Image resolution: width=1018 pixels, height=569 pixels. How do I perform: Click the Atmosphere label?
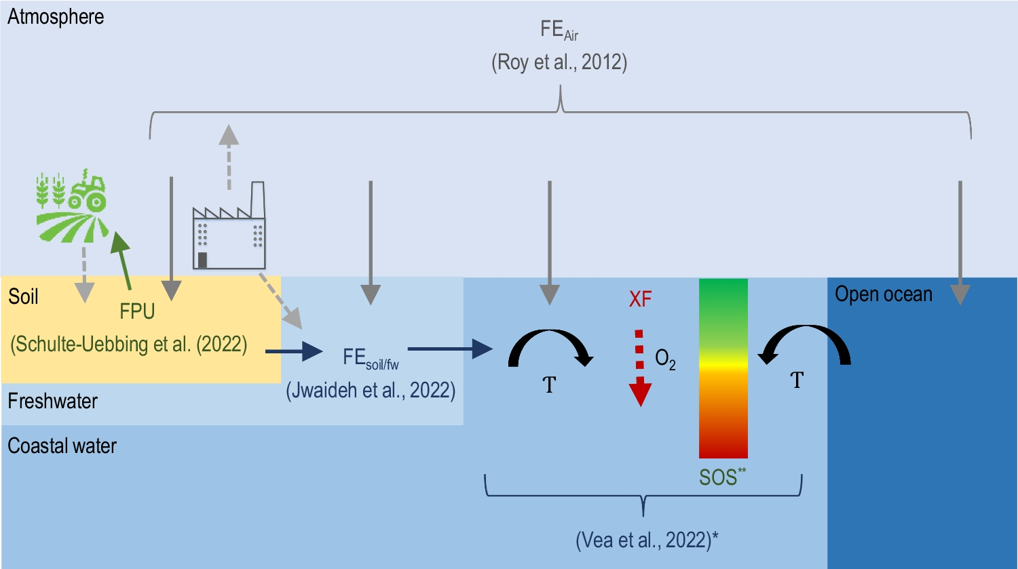(56, 17)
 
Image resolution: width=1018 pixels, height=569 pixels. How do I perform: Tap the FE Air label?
(559, 31)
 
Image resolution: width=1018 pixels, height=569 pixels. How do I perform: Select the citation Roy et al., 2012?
(559, 62)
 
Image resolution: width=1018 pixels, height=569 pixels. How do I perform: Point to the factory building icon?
(229, 227)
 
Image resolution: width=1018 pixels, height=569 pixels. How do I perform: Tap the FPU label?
(137, 311)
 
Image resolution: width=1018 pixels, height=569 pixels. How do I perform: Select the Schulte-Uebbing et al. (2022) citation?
(129, 344)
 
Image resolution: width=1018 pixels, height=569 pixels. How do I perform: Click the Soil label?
(23, 296)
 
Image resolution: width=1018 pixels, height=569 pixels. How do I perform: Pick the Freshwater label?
(52, 401)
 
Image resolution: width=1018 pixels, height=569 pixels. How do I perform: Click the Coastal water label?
(62, 446)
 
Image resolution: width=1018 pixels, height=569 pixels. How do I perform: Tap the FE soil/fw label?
(371, 358)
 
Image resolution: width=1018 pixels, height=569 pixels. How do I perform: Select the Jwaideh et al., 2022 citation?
(371, 390)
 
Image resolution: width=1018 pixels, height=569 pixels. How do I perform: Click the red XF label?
(640, 299)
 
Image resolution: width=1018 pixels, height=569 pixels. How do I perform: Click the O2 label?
(665, 359)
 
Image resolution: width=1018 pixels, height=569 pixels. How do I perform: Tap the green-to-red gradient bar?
(723, 368)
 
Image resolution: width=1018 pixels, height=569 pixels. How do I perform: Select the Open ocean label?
(883, 294)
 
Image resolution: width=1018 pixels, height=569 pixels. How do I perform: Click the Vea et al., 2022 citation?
(647, 540)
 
